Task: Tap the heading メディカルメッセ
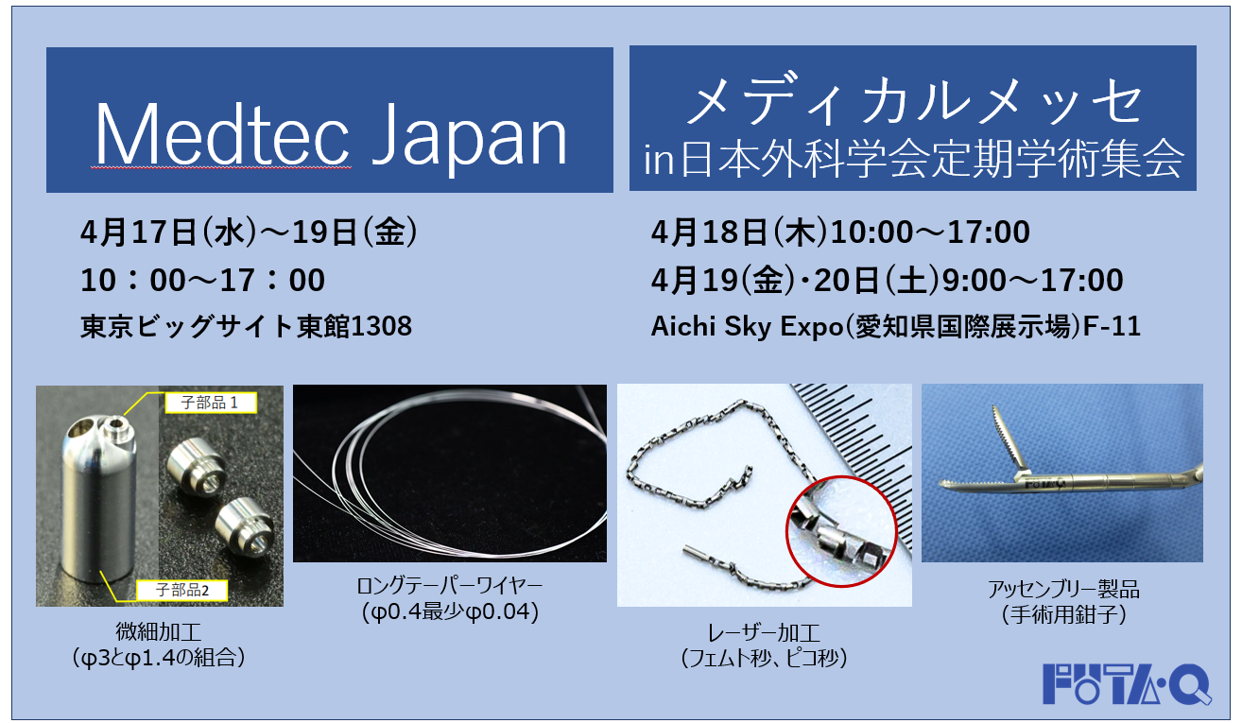point(912,103)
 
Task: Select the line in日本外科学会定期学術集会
point(912,158)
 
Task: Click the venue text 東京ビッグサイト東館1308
point(246,326)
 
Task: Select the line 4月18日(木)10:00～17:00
point(839,232)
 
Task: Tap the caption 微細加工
point(158,630)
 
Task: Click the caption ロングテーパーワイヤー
point(449,587)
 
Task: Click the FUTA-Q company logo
point(1127,683)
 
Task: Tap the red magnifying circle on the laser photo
point(840,534)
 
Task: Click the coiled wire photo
point(449,473)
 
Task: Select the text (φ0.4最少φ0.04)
point(449,612)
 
